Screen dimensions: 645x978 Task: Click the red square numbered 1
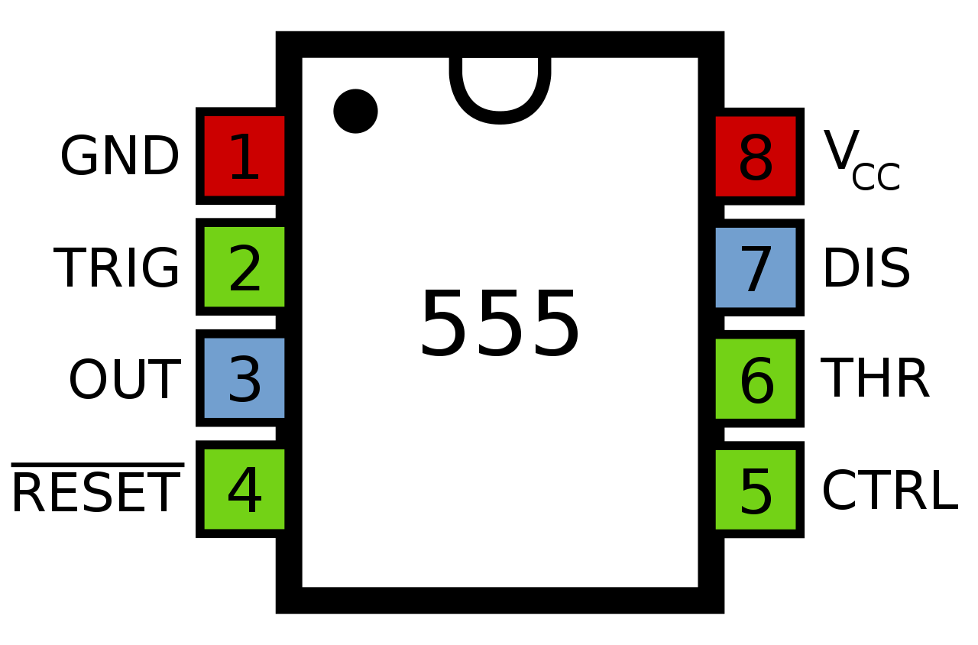[244, 156]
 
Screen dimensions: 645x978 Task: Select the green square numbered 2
[244, 267]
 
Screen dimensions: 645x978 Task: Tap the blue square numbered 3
[244, 378]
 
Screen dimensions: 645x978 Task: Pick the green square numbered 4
[244, 489]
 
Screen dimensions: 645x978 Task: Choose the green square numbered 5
[756, 489]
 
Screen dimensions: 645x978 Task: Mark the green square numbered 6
[756, 378]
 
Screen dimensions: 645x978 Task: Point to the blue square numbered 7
[756, 267]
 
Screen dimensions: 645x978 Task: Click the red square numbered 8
[756, 157]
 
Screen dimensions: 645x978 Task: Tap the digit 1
[244, 158]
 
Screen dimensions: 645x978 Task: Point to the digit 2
[244, 269]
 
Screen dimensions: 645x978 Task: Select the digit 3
[244, 380]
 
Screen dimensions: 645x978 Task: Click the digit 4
[244, 491]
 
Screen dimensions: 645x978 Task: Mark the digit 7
[756, 270]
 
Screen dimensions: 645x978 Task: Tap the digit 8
[756, 159]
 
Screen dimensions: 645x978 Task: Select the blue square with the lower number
[244, 378]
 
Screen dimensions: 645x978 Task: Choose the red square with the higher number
[756, 157]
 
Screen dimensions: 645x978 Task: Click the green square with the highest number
[756, 378]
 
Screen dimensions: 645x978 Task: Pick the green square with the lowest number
[244, 267]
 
